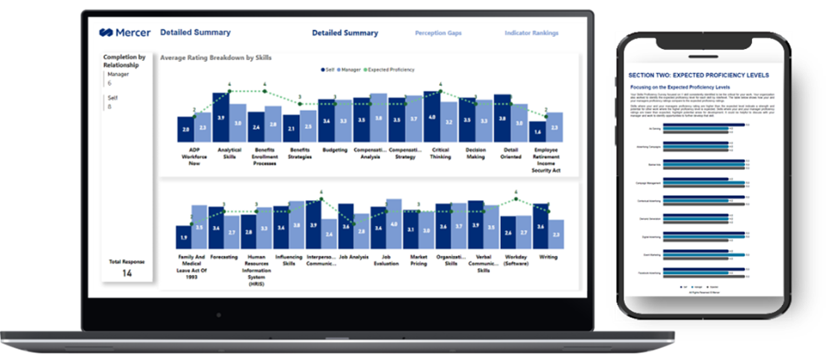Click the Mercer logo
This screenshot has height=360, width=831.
pyautogui.click(x=125, y=32)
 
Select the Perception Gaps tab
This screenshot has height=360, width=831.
pyautogui.click(x=438, y=33)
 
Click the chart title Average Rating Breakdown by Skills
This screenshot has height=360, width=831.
pyautogui.click(x=216, y=57)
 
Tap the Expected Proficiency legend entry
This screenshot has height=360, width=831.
pyautogui.click(x=392, y=69)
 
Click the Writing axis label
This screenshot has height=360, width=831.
pyautogui.click(x=548, y=257)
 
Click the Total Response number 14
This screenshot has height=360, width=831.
pyautogui.click(x=127, y=273)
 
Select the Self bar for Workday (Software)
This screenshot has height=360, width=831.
pyautogui.click(x=508, y=233)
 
